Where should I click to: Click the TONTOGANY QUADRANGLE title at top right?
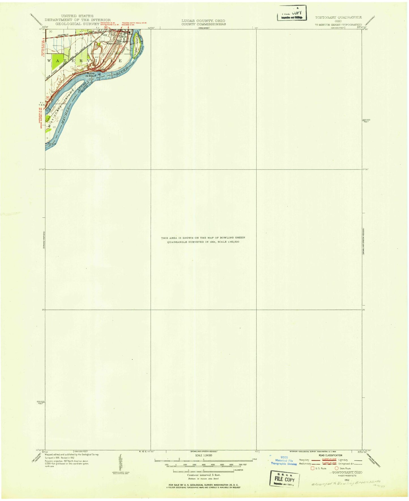338,18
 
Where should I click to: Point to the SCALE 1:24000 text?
204,455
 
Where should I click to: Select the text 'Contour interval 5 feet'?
204,475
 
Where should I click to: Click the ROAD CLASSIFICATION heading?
330,455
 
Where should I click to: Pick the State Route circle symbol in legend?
337,468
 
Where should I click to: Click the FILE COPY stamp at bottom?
284,479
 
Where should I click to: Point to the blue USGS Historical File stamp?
284,461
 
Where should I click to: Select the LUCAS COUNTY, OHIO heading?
203,21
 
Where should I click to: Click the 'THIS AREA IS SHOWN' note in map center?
203,240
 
